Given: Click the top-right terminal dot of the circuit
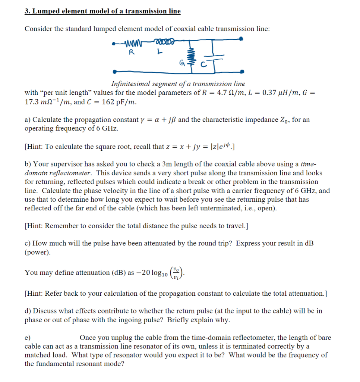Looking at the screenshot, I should tap(242, 38).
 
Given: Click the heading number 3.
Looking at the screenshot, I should tap(27, 11).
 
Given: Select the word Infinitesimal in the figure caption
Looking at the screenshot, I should tap(130, 84).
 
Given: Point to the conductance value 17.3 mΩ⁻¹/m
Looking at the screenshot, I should tap(48, 101).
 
